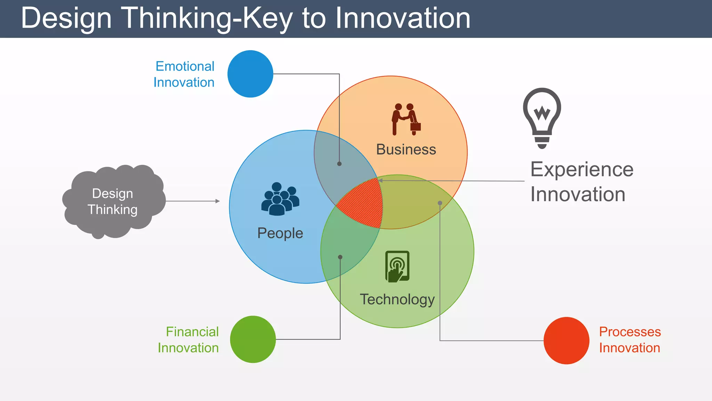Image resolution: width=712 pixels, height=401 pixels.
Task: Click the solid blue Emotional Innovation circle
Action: coord(250,74)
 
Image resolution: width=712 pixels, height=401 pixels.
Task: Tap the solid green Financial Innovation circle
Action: coord(253,339)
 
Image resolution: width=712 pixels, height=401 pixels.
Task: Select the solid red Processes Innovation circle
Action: coord(566,340)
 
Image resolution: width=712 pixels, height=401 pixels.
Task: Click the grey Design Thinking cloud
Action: coord(113,201)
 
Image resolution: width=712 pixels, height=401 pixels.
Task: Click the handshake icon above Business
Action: coord(406,119)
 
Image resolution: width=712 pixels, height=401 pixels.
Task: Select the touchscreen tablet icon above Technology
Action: coord(397,266)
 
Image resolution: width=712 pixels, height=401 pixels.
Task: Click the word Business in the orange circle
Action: coord(406,149)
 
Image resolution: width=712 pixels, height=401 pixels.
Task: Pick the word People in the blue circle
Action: coord(280,233)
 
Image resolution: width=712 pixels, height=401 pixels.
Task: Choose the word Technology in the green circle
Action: coord(397,299)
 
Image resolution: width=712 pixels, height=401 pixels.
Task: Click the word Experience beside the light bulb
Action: coord(582,170)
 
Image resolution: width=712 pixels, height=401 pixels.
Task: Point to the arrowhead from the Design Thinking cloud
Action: coord(218,201)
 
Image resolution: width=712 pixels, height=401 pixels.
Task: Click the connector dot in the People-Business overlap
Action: coord(339,164)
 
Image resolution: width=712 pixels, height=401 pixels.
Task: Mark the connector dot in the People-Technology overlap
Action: coord(340,257)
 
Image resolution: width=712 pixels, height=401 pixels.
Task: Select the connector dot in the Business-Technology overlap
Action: coord(440,203)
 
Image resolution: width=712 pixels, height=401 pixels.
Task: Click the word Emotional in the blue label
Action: coord(185,66)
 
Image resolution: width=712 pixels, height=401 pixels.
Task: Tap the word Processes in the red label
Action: coord(630,332)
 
